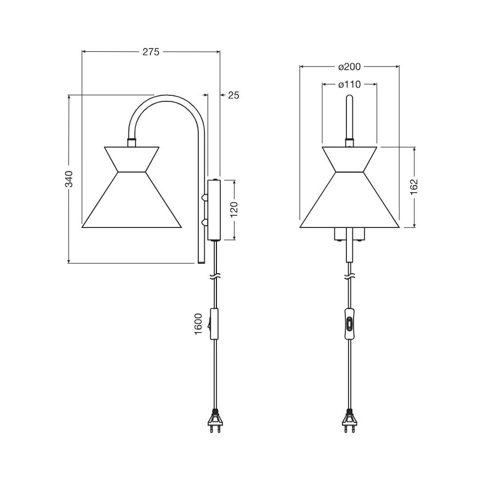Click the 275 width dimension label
coord(150,52)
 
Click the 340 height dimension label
coord(69,179)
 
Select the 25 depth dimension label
coord(233,95)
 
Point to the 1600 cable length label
coord(199,325)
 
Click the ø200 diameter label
coord(349,67)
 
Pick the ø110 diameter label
coord(349,85)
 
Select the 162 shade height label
coord(414,187)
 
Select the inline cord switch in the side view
coord(214,325)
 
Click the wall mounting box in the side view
coord(214,210)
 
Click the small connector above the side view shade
coord(132,143)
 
